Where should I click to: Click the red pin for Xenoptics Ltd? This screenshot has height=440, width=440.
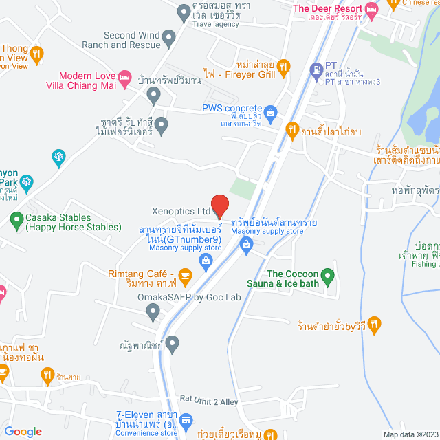(219, 205)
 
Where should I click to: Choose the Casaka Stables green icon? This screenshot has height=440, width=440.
(16, 220)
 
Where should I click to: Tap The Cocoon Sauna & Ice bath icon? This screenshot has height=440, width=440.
(328, 278)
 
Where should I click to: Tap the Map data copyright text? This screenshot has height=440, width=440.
(410, 434)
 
